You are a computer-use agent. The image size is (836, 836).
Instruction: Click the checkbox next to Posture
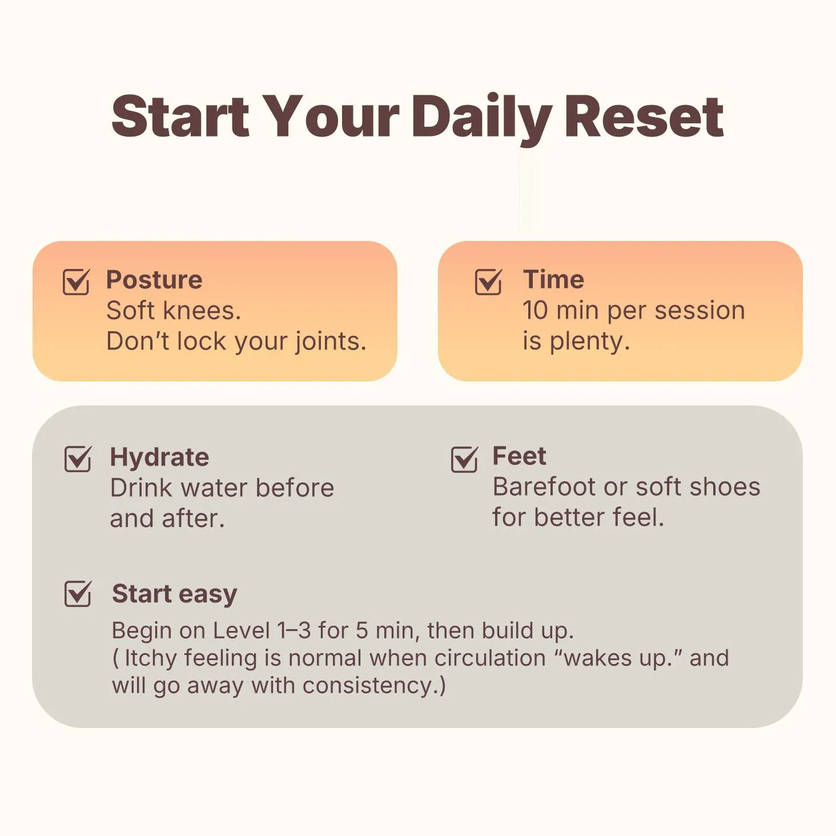76,282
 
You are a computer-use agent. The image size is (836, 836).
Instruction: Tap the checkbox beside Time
488,282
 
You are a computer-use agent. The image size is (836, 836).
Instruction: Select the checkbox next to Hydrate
78,459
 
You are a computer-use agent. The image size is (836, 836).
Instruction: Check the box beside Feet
464,459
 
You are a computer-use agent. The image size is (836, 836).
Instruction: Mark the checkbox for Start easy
78,593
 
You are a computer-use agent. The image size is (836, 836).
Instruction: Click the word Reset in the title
644,117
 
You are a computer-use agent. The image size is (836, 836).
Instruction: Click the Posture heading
154,279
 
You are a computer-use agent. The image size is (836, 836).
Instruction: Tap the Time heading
553,279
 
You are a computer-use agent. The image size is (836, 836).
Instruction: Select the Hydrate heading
159,457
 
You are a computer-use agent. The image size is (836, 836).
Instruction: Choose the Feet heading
519,456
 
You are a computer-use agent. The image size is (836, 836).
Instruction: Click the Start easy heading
174,594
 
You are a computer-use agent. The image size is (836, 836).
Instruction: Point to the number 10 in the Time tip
536,311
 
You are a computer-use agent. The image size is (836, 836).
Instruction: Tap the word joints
331,342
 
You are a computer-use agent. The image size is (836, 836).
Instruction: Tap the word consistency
370,686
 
